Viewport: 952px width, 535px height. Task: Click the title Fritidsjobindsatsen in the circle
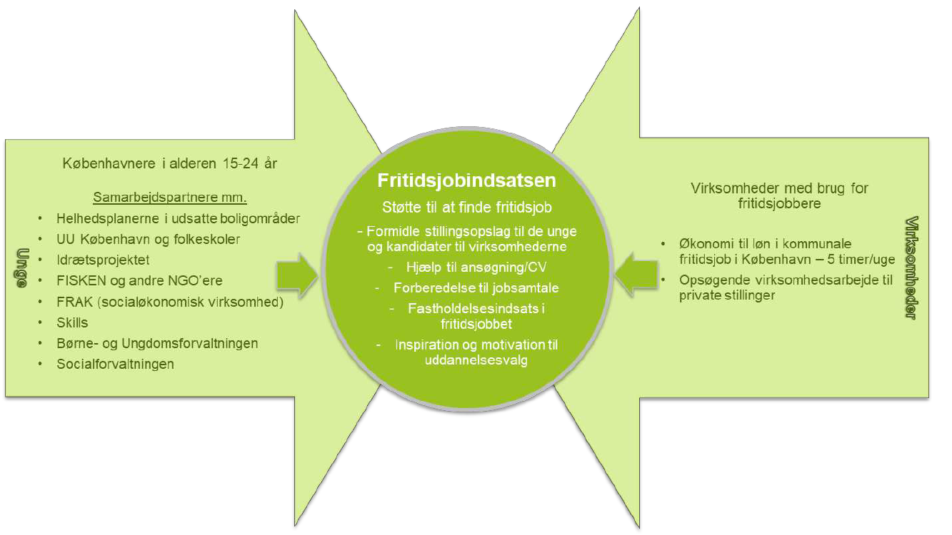pyautogui.click(x=467, y=180)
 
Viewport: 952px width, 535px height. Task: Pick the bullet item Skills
pyautogui.click(x=72, y=322)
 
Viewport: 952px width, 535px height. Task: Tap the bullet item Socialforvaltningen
pyautogui.click(x=115, y=364)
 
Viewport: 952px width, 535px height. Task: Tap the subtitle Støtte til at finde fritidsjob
pyautogui.click(x=467, y=208)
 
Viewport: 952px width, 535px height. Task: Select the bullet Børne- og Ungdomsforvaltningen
pyautogui.click(x=157, y=343)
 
